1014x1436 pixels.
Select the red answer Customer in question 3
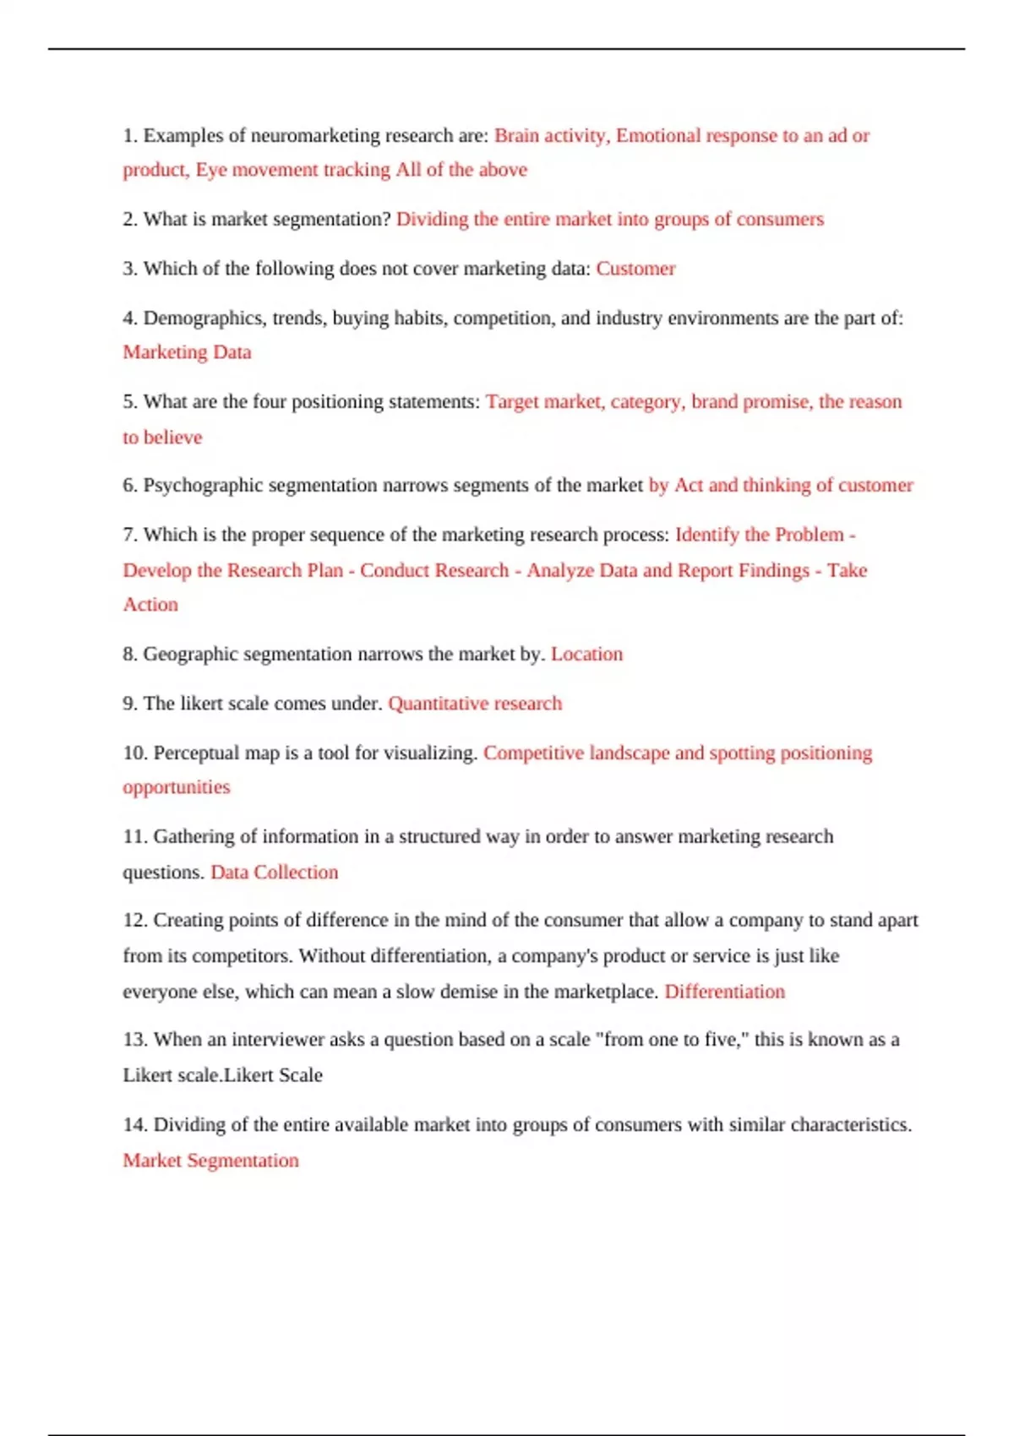point(635,269)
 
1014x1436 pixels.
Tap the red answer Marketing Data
point(187,352)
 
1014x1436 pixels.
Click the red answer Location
point(586,654)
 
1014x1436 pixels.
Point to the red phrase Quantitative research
point(475,704)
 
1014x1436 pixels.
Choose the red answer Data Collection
point(274,872)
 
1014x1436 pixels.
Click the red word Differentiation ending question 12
point(724,992)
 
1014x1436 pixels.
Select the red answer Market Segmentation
point(210,1161)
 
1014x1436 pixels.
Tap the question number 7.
point(129,535)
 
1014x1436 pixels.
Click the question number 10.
point(134,753)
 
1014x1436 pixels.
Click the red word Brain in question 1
point(515,136)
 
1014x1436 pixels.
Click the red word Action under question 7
point(150,605)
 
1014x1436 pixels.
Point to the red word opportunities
point(176,787)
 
